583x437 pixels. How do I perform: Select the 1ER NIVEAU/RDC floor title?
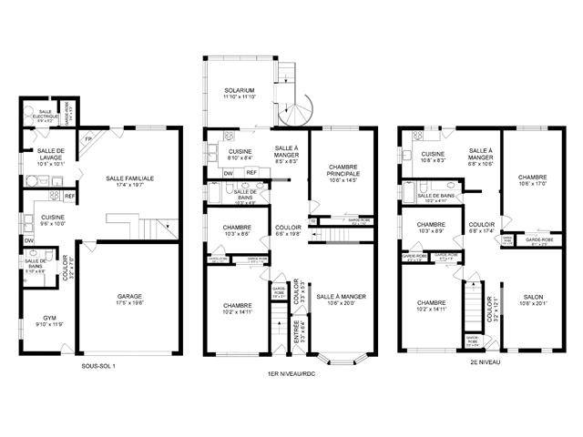[291, 374]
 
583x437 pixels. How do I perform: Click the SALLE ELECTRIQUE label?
[47, 113]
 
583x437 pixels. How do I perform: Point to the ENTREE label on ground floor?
[297, 332]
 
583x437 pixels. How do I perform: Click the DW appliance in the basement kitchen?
[29, 240]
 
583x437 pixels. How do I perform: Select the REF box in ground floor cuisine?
[251, 172]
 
